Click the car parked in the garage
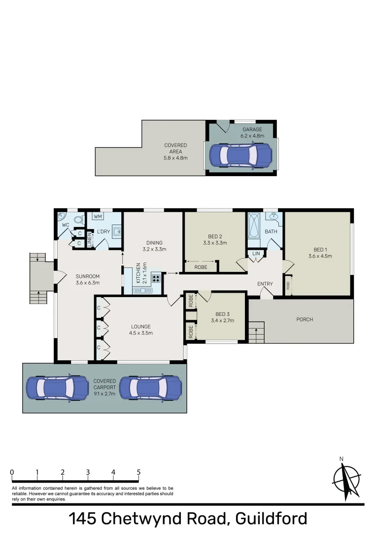point(240,155)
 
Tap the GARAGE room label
point(252,133)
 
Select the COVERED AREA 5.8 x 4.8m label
point(175,152)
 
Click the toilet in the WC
point(78,220)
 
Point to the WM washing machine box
point(98,216)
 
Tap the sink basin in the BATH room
point(273,217)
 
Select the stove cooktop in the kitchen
point(156,278)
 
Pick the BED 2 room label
point(215,239)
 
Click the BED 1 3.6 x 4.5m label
point(320,253)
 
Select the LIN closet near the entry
point(256,254)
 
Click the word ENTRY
point(265,284)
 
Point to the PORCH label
point(305,319)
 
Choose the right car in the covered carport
point(150,388)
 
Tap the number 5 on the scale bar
point(138,472)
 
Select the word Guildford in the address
point(272,519)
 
